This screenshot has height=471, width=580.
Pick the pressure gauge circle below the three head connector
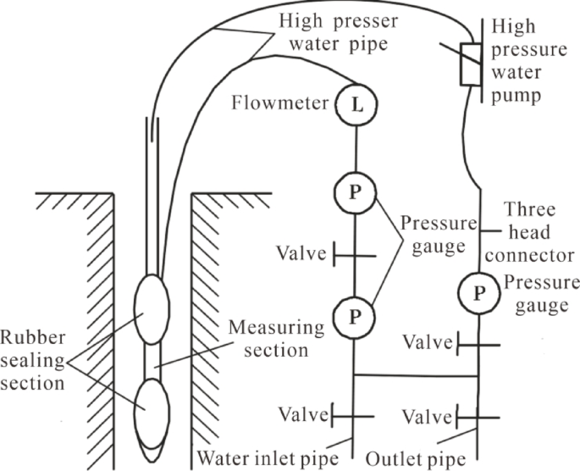tap(479, 293)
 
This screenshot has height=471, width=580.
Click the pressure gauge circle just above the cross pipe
tap(353, 316)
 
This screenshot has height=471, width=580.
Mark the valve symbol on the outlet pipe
tap(478, 416)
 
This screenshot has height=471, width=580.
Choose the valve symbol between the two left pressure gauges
tap(354, 253)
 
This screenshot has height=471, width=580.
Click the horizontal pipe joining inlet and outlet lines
tap(416, 374)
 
